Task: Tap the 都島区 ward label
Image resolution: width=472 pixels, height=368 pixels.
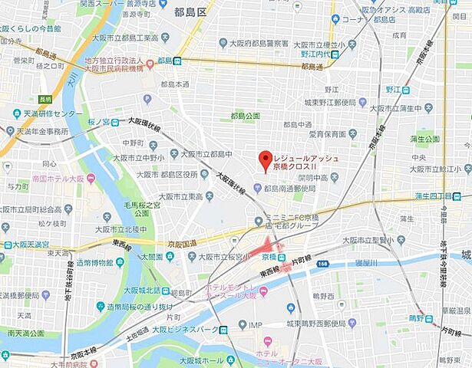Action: tap(191, 12)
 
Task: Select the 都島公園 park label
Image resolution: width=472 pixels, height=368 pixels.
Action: tap(245, 116)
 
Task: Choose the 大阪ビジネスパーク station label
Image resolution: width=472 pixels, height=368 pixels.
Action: tap(187, 330)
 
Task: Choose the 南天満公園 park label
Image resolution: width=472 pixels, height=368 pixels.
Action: tap(28, 335)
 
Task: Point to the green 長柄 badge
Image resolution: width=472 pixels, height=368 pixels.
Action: tap(45, 98)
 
